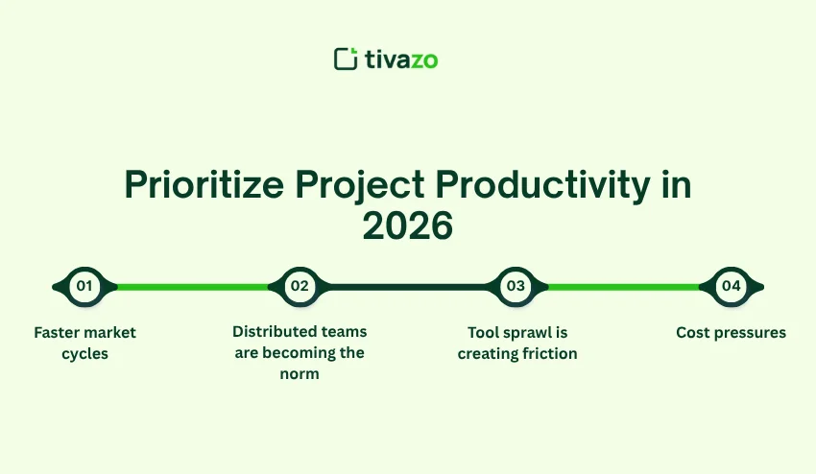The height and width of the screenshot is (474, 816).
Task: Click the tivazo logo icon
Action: [x=346, y=59]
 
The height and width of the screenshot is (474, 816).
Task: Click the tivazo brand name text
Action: [x=401, y=59]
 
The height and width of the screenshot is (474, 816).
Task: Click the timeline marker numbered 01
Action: [x=84, y=286]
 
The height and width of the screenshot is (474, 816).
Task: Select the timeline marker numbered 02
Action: [x=300, y=286]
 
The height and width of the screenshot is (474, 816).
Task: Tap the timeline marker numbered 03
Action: [x=516, y=286]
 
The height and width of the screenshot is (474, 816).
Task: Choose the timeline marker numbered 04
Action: [x=732, y=286]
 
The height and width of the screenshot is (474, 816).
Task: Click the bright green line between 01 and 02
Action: [x=192, y=286]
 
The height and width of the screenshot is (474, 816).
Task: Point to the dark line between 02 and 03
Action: [x=408, y=286]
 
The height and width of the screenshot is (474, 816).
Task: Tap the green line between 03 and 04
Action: [x=624, y=286]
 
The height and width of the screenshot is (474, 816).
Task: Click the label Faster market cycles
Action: [x=84, y=343]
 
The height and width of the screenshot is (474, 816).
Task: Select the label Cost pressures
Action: [x=731, y=333]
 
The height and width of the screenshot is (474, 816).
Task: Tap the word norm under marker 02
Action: [x=300, y=373]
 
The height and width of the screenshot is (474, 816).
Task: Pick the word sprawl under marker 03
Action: [x=525, y=333]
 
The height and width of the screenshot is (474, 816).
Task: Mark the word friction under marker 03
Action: [x=548, y=353]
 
